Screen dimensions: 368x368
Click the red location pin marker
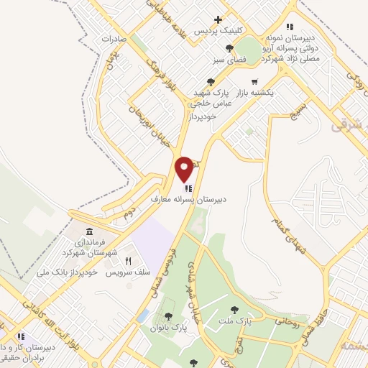coord(185,168)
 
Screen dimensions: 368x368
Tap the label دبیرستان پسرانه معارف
coord(188,196)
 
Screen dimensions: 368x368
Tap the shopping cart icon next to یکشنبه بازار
coord(254,82)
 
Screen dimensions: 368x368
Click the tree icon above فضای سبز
coord(229,48)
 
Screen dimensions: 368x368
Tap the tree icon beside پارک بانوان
coord(168,316)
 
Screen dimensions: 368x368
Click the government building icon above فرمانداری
coord(89,231)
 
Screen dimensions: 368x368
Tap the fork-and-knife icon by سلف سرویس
coord(129,261)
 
